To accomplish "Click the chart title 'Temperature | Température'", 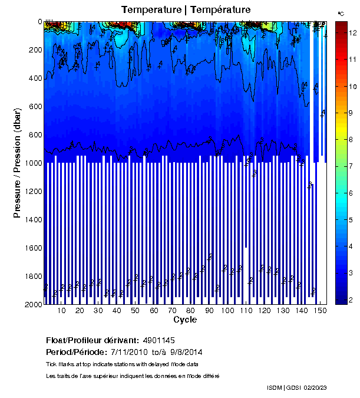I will pyautogui.click(x=186, y=9).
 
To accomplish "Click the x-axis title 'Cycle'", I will pyautogui.click(x=185, y=320).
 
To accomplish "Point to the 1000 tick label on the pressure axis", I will pyautogui.click(x=32, y=163).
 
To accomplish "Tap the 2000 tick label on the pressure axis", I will pyautogui.click(x=32, y=304).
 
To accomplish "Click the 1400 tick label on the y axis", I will pyautogui.click(x=32, y=219).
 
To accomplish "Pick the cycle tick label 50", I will pyautogui.click(x=135, y=311).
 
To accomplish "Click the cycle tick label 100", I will pyautogui.click(x=227, y=311).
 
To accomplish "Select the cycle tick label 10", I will pyautogui.click(x=61, y=311).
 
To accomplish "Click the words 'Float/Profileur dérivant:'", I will pyautogui.click(x=91, y=340).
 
